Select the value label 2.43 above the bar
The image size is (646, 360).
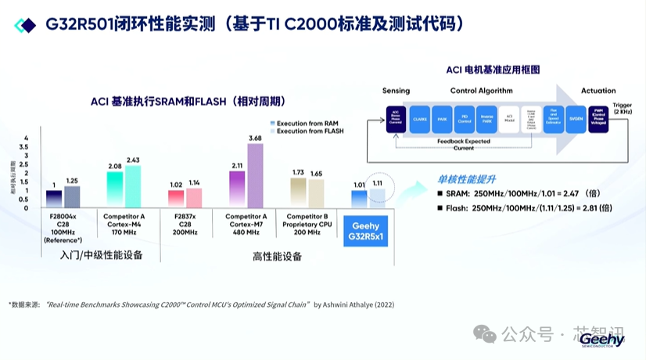click(x=133, y=160)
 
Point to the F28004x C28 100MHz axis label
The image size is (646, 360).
click(x=62, y=227)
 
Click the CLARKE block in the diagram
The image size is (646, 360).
click(x=419, y=121)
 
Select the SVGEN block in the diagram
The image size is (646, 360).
click(x=576, y=121)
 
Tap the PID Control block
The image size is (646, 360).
click(x=464, y=121)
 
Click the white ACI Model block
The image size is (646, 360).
click(x=508, y=121)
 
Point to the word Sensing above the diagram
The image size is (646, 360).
click(x=396, y=91)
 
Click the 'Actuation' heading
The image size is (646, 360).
click(x=598, y=91)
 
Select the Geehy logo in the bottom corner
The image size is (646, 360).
click(x=603, y=339)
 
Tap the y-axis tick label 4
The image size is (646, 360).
click(x=26, y=138)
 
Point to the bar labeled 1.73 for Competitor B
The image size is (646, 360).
click(x=298, y=193)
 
